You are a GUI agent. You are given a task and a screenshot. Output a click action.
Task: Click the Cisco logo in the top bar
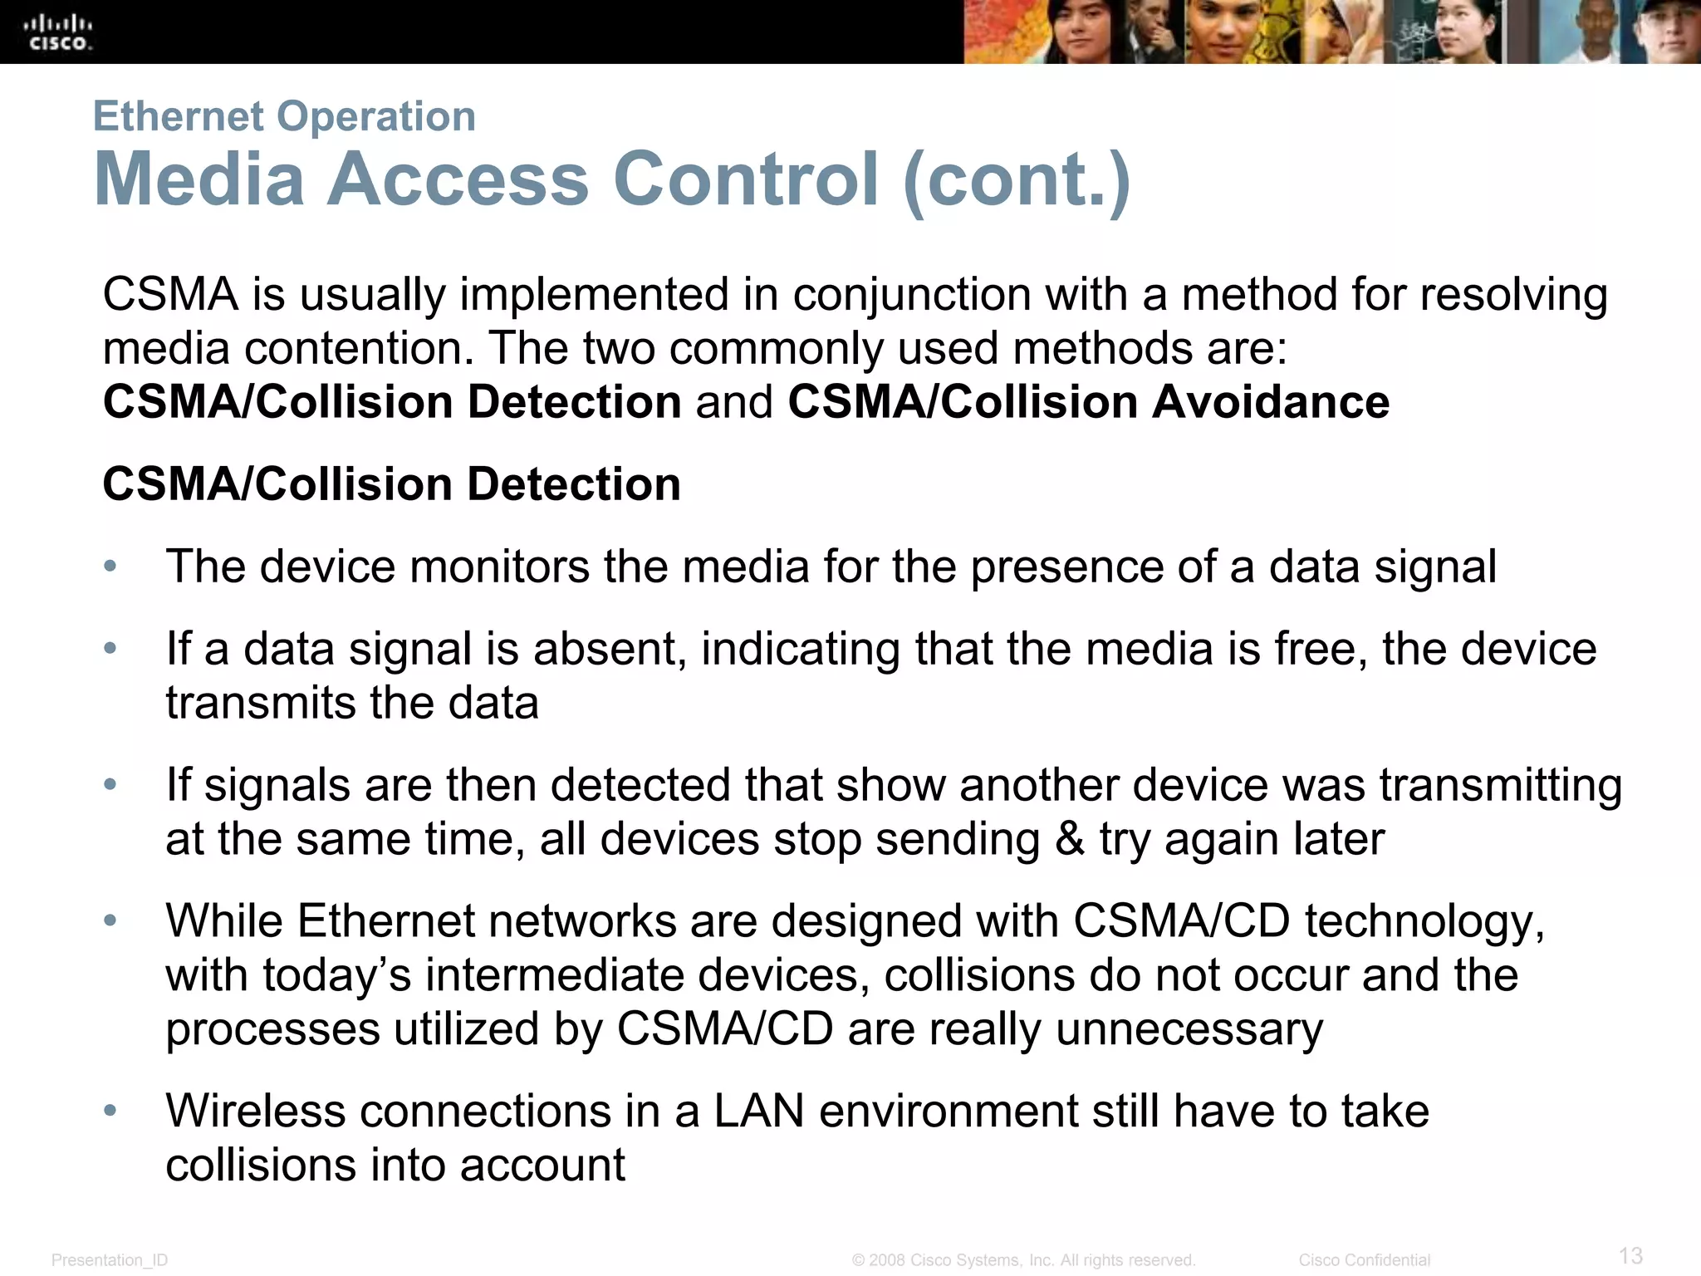coord(59,32)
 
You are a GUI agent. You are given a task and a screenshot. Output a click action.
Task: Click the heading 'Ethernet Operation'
coord(284,115)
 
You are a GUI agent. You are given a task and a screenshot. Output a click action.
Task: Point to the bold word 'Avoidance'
coord(1270,402)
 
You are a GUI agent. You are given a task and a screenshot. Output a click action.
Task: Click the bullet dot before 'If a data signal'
coord(110,648)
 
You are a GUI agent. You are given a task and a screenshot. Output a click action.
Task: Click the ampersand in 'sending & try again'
coord(1070,839)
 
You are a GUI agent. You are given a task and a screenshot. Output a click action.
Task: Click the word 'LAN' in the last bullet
coord(758,1111)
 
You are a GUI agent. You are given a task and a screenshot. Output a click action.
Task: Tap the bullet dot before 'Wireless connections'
coord(110,1111)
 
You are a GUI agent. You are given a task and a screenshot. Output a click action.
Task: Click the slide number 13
coord(1630,1255)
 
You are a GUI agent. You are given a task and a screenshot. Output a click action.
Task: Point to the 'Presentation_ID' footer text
coord(110,1260)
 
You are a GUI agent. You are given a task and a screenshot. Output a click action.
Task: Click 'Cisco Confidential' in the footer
coord(1364,1260)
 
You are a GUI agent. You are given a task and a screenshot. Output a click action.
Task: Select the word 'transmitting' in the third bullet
coord(1500,785)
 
